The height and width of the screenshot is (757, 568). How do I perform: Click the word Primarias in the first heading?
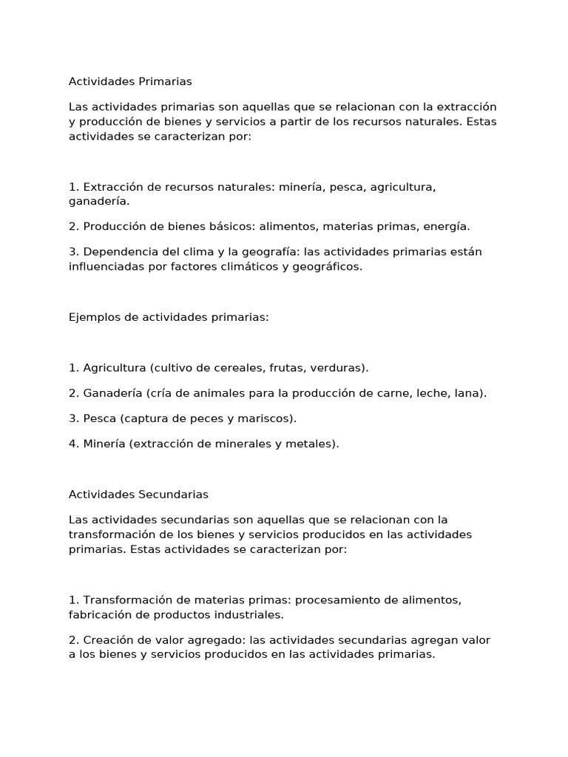(x=166, y=81)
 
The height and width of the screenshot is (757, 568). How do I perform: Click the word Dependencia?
(x=121, y=251)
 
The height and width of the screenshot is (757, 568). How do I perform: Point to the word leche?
(x=430, y=393)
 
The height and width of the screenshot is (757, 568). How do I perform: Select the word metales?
(x=314, y=444)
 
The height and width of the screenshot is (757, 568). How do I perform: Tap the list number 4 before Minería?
(x=72, y=444)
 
